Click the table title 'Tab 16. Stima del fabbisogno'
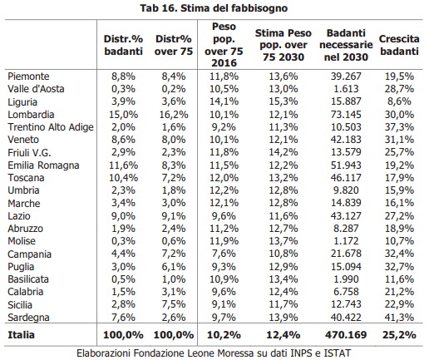[214, 8]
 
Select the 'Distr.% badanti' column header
[123, 45]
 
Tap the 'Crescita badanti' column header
[399, 45]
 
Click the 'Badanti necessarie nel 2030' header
[346, 45]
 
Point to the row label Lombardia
[31, 115]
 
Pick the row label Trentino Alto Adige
[51, 127]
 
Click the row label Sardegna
[28, 318]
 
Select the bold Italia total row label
[22, 335]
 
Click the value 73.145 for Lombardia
[346, 115]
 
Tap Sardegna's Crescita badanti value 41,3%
[399, 318]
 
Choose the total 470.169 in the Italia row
[346, 335]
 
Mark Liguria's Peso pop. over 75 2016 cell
[224, 101]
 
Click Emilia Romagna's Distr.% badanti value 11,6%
[123, 165]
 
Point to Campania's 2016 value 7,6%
[224, 254]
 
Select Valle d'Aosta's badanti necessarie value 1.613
[346, 89]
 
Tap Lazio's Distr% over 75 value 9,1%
[174, 216]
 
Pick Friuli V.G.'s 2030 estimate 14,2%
[284, 152]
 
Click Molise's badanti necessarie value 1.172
[346, 241]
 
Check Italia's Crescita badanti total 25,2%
[399, 335]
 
